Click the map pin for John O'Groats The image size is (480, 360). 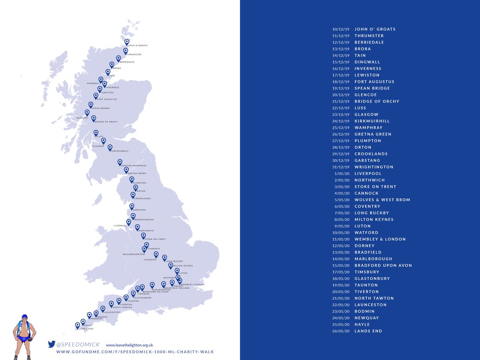[127, 42]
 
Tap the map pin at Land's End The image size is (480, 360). [78, 326]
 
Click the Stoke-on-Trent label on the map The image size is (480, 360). [154, 239]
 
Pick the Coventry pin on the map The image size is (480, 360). [156, 254]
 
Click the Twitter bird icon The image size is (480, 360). [51, 344]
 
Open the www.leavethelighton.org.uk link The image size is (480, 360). [130, 345]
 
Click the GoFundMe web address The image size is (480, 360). [135, 352]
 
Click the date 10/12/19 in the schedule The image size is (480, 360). [341, 29]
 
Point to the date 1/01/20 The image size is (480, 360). [342, 174]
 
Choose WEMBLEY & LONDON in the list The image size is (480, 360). [380, 239]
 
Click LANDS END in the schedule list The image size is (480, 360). [368, 331]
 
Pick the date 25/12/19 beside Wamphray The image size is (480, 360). [341, 128]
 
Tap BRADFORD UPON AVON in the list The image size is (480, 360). [383, 265]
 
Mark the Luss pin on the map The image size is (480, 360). [96, 133]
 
